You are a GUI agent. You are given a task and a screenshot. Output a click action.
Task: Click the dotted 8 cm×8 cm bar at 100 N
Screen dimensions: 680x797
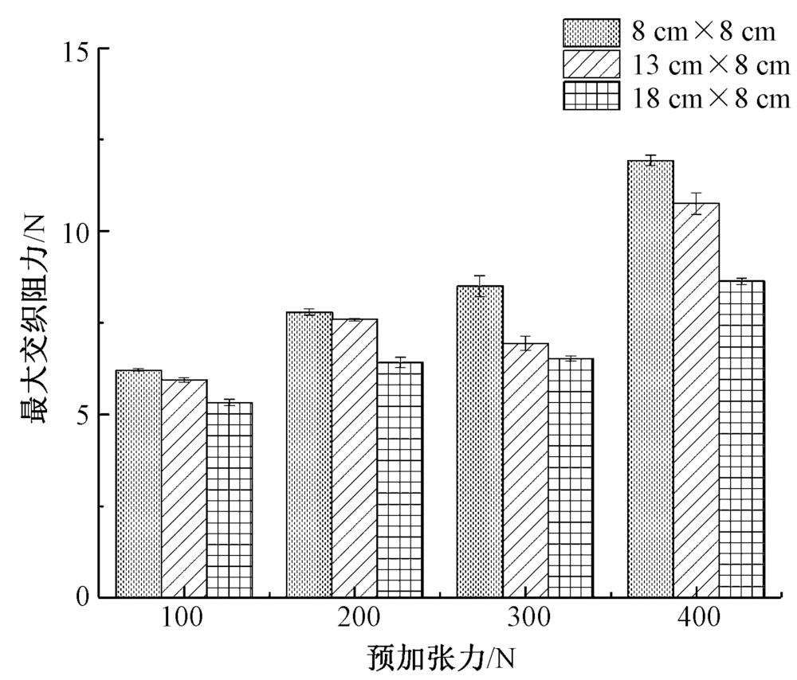139,483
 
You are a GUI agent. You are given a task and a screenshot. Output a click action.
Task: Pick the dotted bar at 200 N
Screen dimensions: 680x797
310,454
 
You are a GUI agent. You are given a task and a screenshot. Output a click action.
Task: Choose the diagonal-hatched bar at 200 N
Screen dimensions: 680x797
355,458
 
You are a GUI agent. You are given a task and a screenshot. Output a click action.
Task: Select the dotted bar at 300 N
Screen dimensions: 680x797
480,441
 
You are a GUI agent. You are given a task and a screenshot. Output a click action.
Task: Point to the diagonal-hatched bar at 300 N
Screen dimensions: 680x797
525,470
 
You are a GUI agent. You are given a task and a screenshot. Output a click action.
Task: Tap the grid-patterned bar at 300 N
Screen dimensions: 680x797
571,478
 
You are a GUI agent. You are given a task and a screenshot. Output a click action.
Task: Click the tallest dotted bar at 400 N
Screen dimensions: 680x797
650,378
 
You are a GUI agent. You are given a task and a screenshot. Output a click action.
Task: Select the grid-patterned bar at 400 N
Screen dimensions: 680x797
741,439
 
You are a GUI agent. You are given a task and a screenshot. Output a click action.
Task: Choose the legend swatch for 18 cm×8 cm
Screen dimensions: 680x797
591,97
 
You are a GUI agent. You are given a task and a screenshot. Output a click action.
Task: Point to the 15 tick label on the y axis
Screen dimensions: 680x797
77,49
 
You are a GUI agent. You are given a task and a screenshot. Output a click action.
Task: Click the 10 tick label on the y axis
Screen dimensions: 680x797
77,232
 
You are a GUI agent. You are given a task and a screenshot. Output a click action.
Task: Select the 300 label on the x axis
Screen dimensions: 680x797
524,619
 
